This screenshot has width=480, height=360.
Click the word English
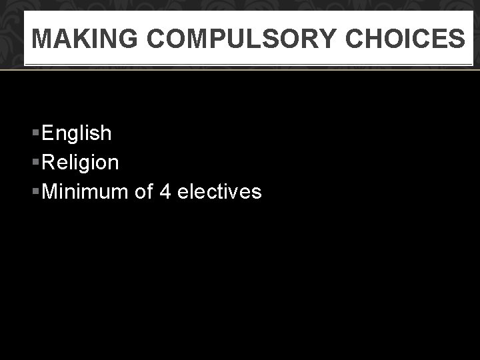click(x=77, y=133)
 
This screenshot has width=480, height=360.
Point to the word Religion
click(x=80, y=163)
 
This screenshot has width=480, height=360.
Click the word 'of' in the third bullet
click(x=144, y=192)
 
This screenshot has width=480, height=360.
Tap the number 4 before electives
click(x=166, y=192)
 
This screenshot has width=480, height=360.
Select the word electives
click(x=220, y=192)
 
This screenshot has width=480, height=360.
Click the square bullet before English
click(x=36, y=133)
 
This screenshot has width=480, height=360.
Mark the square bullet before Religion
click(x=36, y=163)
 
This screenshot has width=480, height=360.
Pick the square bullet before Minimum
click(x=36, y=192)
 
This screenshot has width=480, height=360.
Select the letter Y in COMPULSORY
click(x=329, y=39)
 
